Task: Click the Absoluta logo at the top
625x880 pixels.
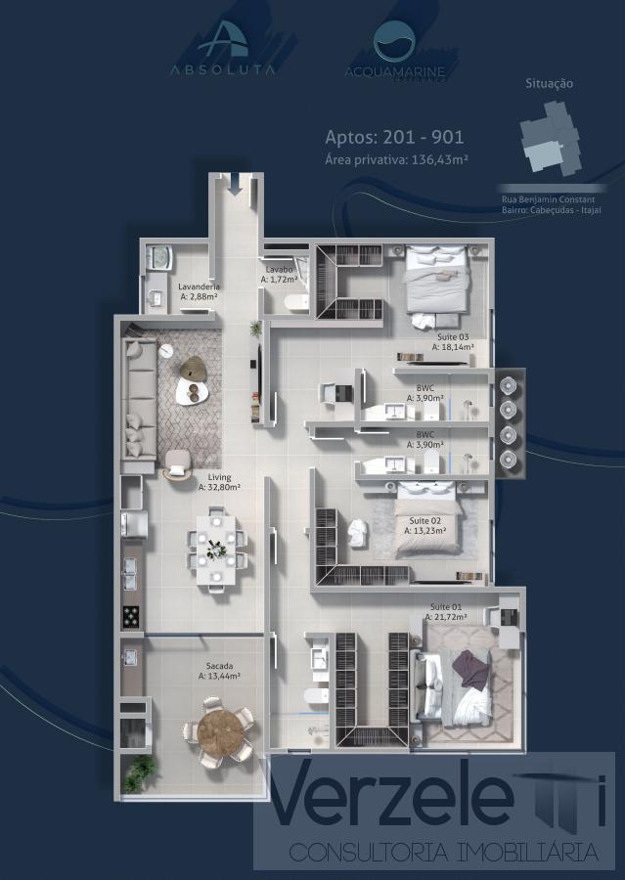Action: click(x=223, y=49)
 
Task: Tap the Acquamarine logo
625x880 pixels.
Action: click(x=394, y=50)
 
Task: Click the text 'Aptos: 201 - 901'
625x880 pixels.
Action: click(x=394, y=137)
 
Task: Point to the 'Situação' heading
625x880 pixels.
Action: click(x=549, y=84)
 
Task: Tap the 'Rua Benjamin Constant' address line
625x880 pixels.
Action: click(x=548, y=199)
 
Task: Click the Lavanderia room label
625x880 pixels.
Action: click(x=199, y=290)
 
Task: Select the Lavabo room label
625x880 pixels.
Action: click(x=279, y=274)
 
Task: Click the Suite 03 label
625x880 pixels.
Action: click(x=453, y=341)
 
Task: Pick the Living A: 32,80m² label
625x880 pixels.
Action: click(x=219, y=482)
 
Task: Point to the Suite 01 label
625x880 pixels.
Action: click(x=445, y=612)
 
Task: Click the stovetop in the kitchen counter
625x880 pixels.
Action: click(x=131, y=616)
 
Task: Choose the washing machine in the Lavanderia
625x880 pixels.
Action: click(x=157, y=257)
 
